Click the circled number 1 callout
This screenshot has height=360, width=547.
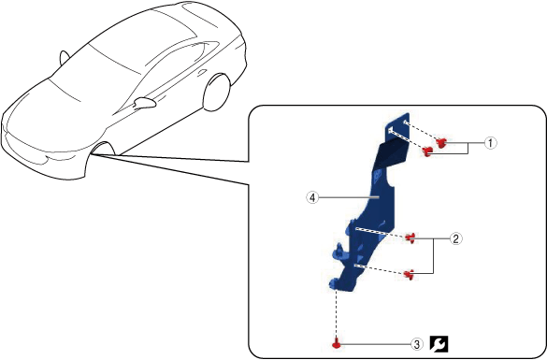click(490, 143)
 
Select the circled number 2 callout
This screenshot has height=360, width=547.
click(456, 239)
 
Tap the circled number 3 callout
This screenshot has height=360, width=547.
click(416, 345)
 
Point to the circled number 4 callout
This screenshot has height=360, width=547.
click(312, 198)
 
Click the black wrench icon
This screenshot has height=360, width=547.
click(439, 344)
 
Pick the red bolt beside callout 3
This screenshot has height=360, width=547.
click(337, 343)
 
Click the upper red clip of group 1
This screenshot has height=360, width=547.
click(441, 142)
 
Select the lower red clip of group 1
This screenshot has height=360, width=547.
click(427, 151)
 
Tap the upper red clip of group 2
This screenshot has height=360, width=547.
click(410, 238)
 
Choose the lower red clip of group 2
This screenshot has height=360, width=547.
click(409, 274)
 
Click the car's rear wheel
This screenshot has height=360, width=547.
click(217, 92)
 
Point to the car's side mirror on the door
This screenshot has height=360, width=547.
click(144, 102)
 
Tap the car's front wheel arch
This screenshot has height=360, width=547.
click(103, 147)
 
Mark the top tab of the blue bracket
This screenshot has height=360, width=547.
click(397, 127)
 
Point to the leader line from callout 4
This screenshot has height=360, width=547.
click(349, 197)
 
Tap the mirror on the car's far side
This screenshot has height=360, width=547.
click(64, 58)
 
